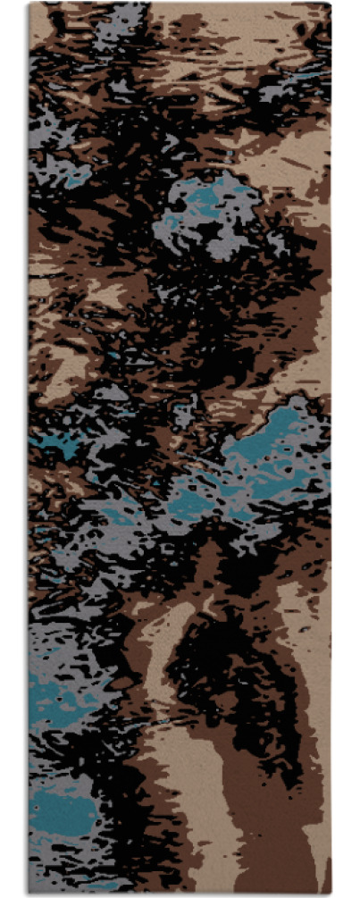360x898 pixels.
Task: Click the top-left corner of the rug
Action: coord(29,4)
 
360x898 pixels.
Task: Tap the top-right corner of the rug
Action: coord(330,4)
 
